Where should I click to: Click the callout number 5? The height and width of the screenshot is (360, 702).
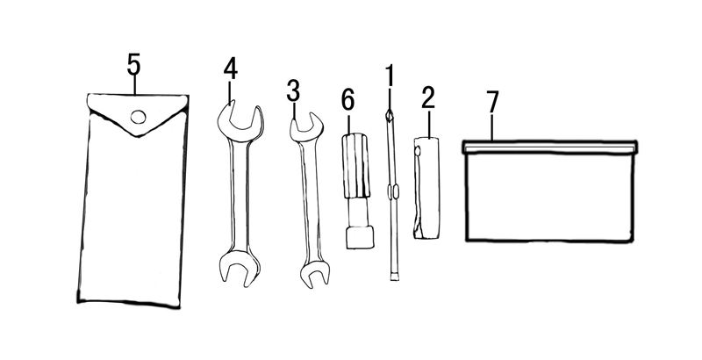click(133, 64)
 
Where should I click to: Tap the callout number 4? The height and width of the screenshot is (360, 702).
click(230, 69)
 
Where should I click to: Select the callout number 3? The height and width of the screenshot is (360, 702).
click(293, 91)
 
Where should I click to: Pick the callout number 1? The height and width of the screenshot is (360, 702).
click(390, 76)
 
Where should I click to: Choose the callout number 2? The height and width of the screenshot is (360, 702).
click(428, 98)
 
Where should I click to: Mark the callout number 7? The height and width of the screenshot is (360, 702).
click(492, 102)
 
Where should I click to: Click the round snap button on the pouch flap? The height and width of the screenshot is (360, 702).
click(139, 118)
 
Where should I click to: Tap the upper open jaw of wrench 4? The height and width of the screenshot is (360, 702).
click(240, 121)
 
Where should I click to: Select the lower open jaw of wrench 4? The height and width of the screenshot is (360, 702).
click(239, 268)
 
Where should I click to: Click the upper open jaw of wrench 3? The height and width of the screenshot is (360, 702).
click(306, 128)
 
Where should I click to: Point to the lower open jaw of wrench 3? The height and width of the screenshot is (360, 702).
click(315, 273)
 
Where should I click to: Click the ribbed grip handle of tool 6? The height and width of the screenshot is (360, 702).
click(356, 166)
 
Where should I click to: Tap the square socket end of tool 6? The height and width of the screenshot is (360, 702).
click(360, 237)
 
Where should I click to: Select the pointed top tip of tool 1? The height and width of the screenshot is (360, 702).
click(389, 116)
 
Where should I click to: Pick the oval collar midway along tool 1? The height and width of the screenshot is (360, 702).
click(392, 192)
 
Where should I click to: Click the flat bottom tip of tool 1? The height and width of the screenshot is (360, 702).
click(394, 277)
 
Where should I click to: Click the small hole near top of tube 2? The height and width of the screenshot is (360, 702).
click(418, 152)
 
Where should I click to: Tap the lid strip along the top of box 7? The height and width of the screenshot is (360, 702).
click(550, 147)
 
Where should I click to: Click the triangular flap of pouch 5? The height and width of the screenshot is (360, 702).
click(138, 112)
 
